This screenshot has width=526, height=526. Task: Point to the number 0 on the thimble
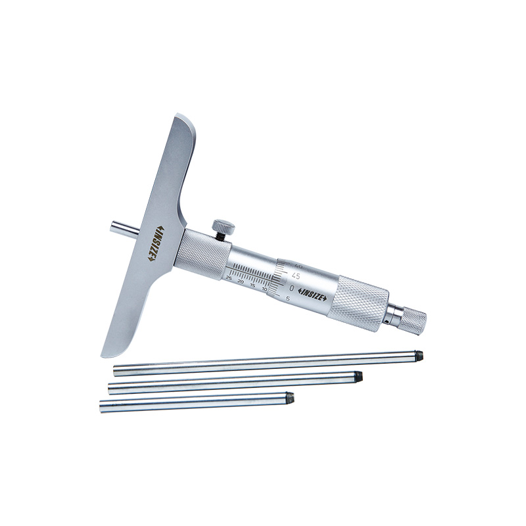point(291,288)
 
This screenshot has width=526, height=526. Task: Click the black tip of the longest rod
point(418,356)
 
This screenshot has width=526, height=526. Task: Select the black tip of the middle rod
point(358,377)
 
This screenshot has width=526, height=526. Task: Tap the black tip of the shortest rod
point(290,397)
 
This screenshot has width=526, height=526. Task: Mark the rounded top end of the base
point(183,122)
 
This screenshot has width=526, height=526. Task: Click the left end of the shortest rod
point(103,407)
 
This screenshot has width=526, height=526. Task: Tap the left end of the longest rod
point(116,370)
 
